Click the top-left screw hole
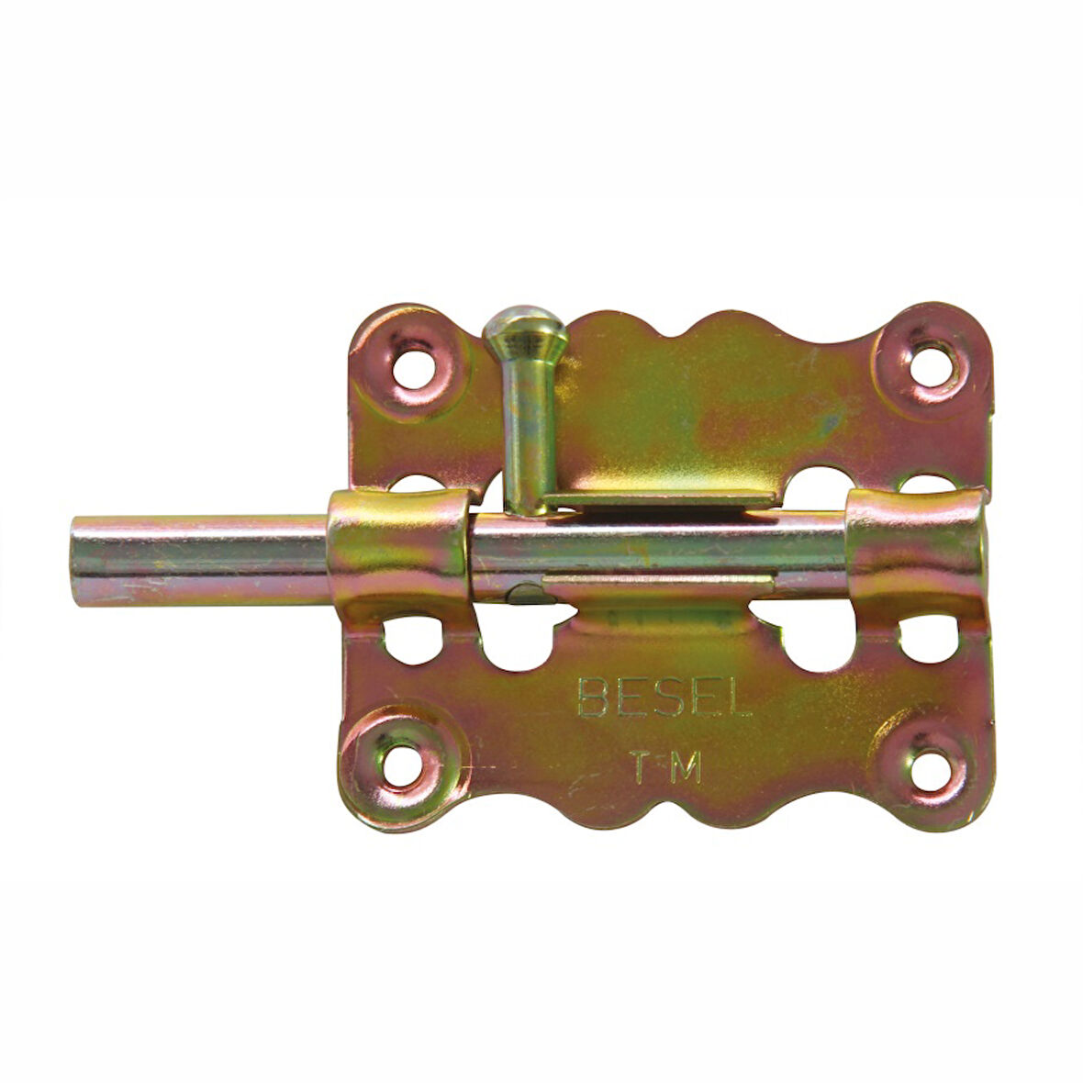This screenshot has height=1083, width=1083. coord(412,370)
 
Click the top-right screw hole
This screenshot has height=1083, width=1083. coord(933,366)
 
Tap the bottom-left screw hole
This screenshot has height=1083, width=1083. coord(403,766)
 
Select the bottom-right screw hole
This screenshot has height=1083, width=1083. coord(932,769)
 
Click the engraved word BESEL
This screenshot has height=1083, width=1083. coord(664,697)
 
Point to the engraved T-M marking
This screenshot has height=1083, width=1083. coord(665,766)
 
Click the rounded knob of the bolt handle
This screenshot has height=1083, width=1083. coord(526,330)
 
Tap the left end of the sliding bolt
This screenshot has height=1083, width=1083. coord(73,560)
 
